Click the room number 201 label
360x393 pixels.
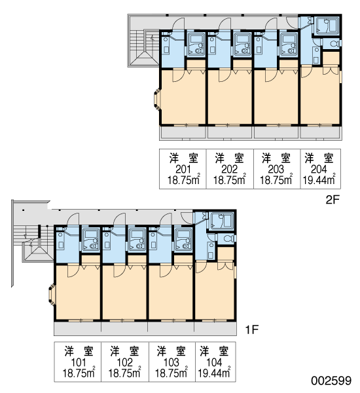183,170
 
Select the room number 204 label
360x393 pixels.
319,170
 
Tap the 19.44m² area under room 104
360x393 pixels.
215,373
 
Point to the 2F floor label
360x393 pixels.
333,200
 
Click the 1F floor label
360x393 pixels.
251,329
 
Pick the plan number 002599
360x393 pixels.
331,381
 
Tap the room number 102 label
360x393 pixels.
124,362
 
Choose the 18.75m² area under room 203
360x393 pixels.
276,179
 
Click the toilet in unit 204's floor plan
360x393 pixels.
334,44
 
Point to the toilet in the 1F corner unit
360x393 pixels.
228,238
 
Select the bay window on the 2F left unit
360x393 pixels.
157,100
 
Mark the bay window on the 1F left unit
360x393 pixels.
52,294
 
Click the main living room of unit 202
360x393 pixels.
230,97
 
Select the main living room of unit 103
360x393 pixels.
171,293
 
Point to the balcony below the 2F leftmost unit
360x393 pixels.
183,132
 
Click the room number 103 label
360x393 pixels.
171,362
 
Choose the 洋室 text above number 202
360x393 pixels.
230,158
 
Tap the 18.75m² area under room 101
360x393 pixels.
79,373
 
